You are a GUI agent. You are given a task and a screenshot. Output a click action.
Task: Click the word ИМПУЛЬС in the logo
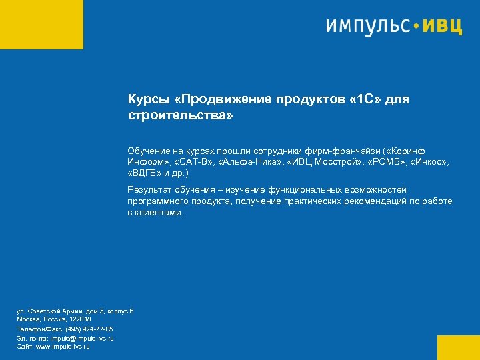(369, 27)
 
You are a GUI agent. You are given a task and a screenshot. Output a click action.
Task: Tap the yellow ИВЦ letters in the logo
(443, 27)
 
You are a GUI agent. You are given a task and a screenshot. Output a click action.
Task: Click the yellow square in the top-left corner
(41, 24)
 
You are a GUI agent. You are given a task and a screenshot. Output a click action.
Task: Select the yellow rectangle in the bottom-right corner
(459, 347)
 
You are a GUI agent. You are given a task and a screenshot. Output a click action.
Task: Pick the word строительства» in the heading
(181, 116)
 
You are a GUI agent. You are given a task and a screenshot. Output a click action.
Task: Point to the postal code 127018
(80, 320)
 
